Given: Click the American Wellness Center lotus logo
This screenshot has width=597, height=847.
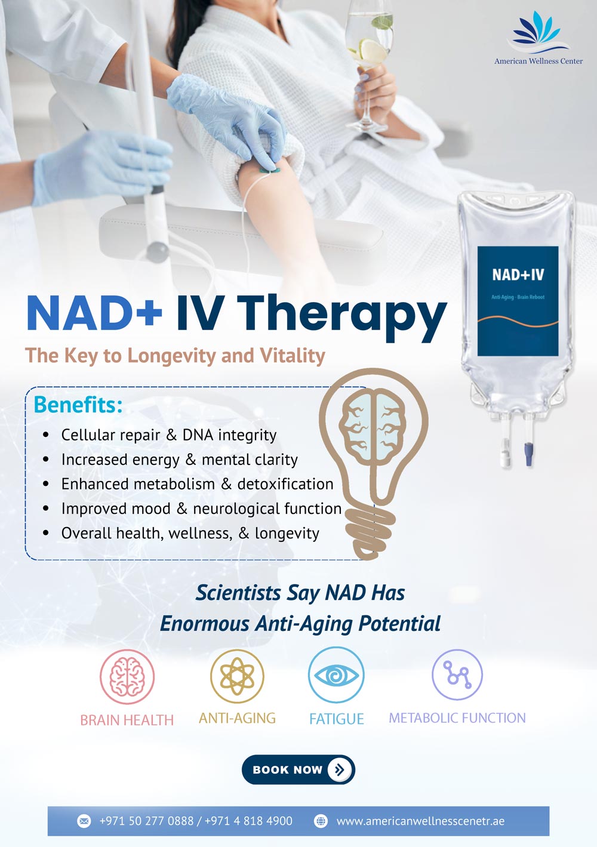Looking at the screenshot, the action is point(538,33).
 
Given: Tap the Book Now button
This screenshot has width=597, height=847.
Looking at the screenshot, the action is point(298,769).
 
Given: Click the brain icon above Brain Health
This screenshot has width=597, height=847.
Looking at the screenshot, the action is point(127,676).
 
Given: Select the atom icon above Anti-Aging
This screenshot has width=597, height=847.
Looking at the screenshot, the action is point(237,676).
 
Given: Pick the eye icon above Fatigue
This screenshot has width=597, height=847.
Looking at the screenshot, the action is point(336,675).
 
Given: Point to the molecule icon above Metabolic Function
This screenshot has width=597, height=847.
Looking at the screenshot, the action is point(457,674).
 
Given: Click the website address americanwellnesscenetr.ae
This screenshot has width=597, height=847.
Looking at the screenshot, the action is point(420,821).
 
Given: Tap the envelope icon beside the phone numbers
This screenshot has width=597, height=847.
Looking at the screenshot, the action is point(84,821).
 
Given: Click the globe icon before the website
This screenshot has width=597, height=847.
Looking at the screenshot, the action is point(321,821).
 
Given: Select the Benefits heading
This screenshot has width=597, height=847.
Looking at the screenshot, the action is point(78,405).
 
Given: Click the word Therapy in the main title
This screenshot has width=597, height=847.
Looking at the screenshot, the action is point(342,314).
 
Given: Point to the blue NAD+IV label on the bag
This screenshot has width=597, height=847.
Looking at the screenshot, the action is point(518,301).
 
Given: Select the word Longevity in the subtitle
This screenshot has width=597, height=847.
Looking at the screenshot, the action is point(171,356).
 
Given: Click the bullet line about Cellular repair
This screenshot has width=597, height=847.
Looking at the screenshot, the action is point(168,435).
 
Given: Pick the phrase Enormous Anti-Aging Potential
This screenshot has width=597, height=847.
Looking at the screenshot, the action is point(300,624).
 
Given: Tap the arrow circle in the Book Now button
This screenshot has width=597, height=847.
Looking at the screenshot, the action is point(340,769).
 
